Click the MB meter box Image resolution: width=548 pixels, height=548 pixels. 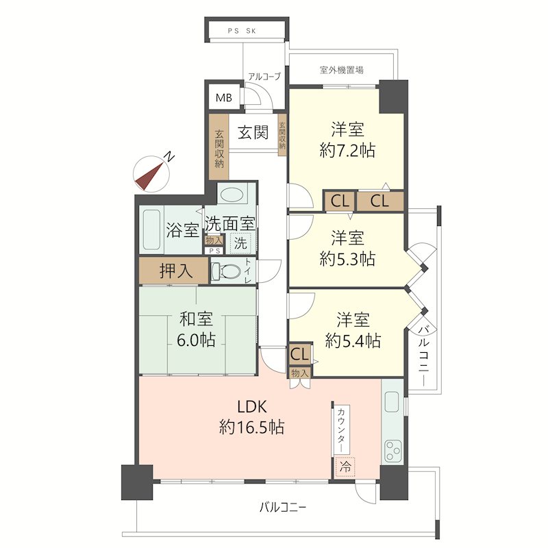(224, 97)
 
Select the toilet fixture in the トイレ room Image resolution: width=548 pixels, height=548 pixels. (226, 271)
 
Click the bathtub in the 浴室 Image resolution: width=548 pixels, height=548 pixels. (151, 229)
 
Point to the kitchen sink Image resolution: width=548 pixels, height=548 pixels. (393, 401)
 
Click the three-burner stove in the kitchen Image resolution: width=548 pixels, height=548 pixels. (393, 451)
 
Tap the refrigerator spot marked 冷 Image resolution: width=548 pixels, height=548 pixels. (345, 466)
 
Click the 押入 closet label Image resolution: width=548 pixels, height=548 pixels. (176, 271)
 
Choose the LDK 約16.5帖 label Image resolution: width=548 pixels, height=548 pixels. (251, 417)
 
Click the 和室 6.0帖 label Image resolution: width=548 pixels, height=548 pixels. (196, 329)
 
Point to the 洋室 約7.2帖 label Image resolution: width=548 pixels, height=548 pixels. (347, 140)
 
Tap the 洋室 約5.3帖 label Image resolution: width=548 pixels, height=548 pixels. (347, 249)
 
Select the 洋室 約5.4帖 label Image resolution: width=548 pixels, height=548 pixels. (353, 330)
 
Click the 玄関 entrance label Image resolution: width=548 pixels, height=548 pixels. (253, 132)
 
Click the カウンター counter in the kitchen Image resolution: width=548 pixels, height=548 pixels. (341, 429)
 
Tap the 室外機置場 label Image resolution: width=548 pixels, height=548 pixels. (341, 70)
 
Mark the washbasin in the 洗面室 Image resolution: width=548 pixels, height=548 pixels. (232, 195)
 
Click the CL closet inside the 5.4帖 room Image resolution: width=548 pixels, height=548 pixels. (300, 354)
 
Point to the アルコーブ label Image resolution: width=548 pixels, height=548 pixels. (264, 76)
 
